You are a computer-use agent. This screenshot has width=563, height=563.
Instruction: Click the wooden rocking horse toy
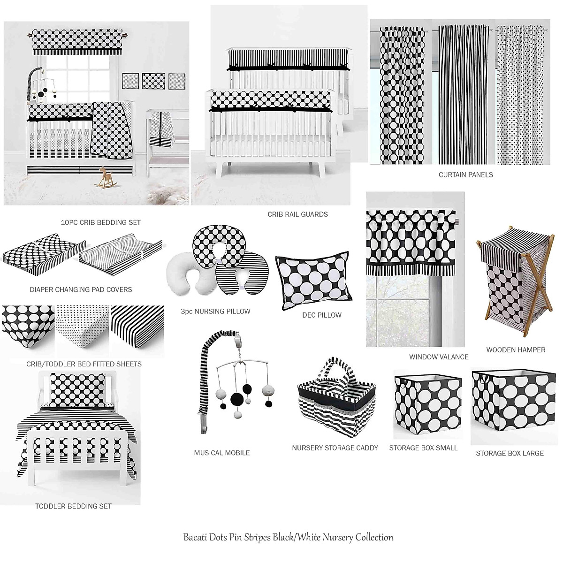click(105, 178)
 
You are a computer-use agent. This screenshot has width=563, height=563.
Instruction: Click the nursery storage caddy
click(334, 406)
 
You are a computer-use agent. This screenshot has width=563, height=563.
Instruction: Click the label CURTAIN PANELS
click(465, 175)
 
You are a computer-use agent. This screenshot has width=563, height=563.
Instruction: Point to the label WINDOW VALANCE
click(439, 357)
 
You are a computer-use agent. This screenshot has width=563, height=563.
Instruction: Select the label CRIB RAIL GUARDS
click(297, 214)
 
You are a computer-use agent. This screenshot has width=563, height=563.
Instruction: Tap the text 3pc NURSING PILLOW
click(215, 311)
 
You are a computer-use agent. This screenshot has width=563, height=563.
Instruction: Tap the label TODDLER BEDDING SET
click(73, 506)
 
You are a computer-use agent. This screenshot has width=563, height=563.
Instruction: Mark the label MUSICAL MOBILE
click(221, 453)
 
